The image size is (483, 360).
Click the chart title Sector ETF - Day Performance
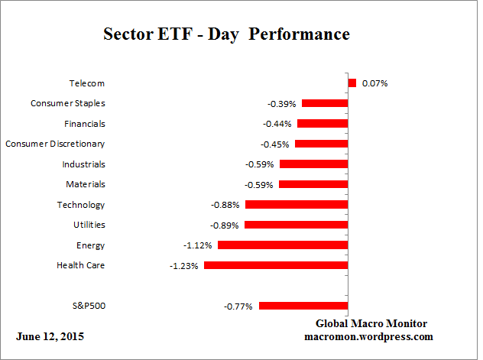point(225,35)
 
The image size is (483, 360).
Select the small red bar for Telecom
point(352,83)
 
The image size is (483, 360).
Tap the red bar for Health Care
point(276,266)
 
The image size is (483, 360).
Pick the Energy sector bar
point(283,245)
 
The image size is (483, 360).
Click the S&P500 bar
point(303,306)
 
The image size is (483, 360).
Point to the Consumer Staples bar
point(325,103)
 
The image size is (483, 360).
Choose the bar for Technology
point(297,205)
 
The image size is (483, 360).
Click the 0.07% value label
point(374,83)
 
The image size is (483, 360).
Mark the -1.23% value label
point(184,266)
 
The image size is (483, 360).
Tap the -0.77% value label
point(238,306)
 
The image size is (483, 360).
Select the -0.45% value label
point(275,144)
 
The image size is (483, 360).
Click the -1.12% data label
point(198,245)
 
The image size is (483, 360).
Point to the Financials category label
point(85,124)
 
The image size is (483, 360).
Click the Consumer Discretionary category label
point(55,144)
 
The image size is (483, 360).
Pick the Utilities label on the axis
point(89,225)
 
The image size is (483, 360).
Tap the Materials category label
point(86,184)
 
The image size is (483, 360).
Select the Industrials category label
point(83,164)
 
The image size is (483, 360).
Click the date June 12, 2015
point(50,336)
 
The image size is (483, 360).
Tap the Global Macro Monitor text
point(371,323)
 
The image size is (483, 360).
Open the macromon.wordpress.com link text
point(369,336)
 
